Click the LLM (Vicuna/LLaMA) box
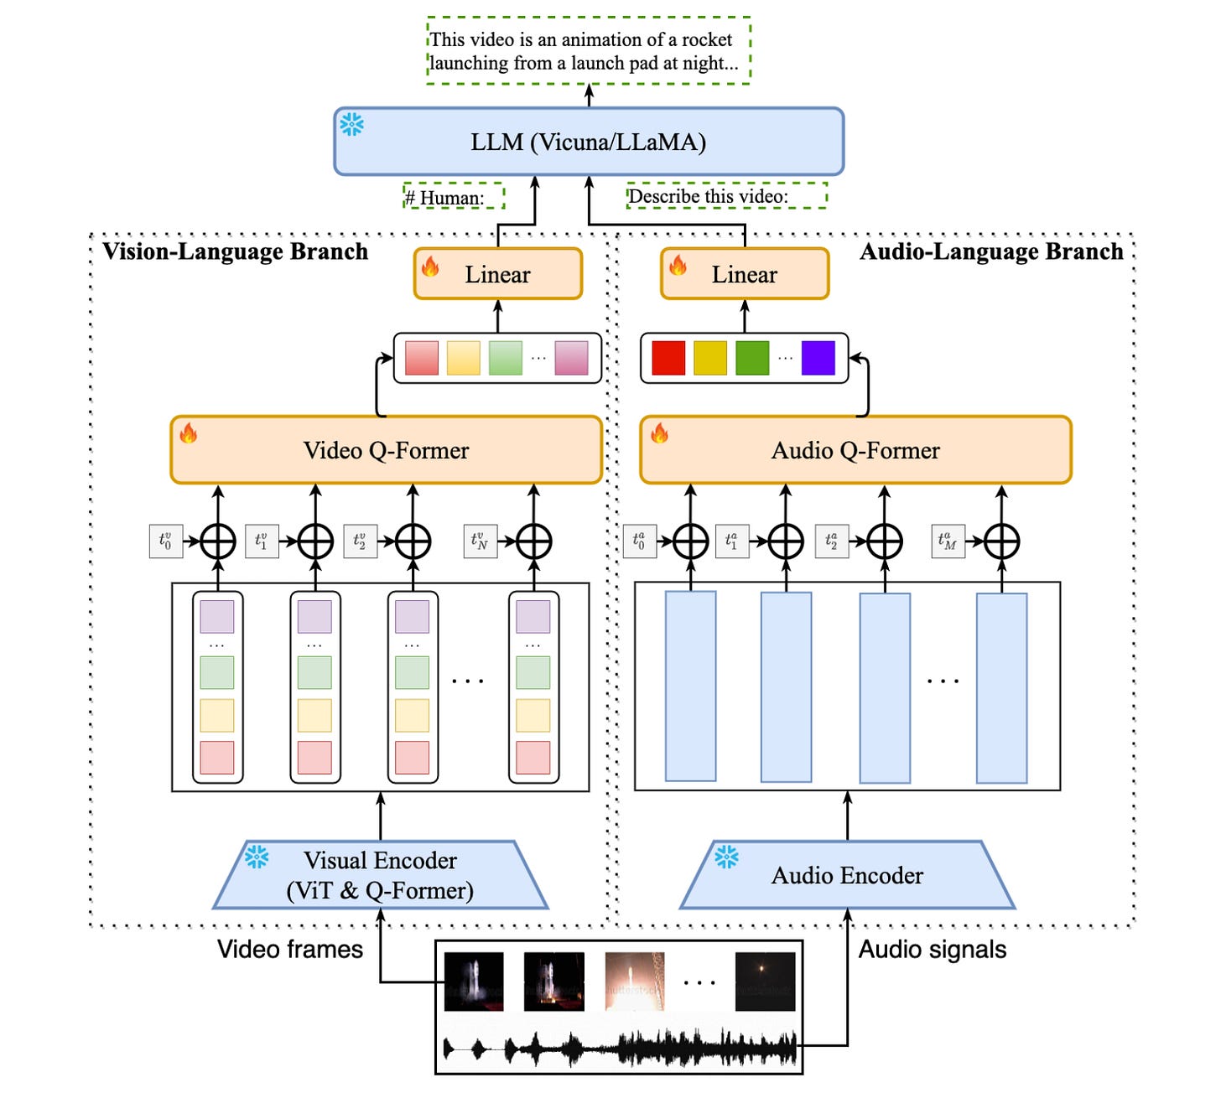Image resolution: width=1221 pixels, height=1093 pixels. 588,142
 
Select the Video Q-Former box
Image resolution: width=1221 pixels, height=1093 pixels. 386,449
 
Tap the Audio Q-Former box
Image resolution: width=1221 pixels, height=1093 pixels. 855,449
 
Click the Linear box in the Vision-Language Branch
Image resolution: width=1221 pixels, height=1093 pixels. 498,273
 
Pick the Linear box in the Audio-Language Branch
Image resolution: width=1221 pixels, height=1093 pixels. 745,273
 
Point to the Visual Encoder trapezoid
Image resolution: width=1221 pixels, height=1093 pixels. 380,875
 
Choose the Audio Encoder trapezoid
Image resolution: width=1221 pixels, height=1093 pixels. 847,875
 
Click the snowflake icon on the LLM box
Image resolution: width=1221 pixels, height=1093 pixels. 351,125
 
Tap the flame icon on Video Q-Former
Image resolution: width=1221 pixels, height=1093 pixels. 188,433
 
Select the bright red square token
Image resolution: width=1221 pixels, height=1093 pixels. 668,358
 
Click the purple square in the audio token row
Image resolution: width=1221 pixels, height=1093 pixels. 818,358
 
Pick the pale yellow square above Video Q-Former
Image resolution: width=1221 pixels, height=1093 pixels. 464,358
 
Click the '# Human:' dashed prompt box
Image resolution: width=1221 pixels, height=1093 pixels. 454,196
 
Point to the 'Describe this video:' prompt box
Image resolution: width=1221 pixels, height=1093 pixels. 727,196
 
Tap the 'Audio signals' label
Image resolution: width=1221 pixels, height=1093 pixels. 933,949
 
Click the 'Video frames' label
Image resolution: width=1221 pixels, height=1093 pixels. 290,949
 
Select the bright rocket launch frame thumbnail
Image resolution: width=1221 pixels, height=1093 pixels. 635,982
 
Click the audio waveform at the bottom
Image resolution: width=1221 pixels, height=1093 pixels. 620,1049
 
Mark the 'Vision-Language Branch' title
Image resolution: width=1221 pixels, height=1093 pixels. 235,251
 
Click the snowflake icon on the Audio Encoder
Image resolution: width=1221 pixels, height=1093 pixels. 726,856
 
